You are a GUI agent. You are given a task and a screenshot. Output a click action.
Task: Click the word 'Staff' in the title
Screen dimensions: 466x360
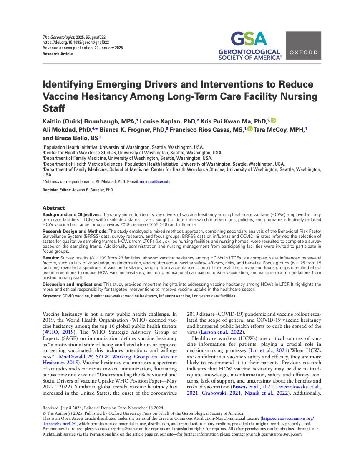click(54, 108)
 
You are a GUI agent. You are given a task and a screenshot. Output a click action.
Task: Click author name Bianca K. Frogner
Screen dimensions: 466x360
click(132, 129)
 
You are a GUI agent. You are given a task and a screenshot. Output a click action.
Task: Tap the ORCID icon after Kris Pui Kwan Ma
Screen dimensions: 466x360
click(274, 121)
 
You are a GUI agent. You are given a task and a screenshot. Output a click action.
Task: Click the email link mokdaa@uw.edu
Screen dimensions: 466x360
click(155, 182)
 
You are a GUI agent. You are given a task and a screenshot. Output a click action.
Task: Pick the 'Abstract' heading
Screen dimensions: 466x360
click(54, 208)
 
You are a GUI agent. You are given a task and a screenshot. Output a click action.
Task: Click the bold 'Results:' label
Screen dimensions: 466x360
click(52, 259)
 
